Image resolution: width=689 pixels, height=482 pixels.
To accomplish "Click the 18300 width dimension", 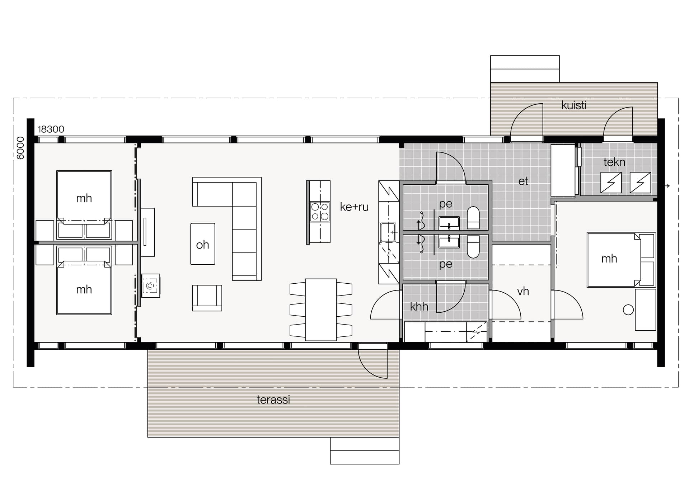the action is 51,129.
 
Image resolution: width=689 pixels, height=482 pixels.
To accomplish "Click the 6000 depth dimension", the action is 20,148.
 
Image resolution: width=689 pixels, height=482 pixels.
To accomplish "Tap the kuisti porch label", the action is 574,105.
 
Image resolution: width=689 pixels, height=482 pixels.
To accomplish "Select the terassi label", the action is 273,400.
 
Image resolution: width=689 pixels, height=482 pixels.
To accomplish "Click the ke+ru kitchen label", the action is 354,207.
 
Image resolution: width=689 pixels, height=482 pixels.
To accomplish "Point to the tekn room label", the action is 614,162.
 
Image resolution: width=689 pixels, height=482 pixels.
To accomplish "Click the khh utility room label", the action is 419,306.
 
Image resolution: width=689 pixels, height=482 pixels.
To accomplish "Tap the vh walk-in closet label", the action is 523,291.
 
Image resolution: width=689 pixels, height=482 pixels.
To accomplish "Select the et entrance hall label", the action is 523,181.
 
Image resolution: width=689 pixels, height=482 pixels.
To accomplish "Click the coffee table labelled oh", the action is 203,244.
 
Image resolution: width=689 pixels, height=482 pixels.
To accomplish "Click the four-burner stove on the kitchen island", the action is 320,211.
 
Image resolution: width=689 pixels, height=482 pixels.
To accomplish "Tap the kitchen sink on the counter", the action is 388,232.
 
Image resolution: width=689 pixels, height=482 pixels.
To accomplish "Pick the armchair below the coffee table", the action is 207,298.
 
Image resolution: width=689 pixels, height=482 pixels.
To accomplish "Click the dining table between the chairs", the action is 321,309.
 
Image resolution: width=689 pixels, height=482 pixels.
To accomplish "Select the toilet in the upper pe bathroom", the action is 473,218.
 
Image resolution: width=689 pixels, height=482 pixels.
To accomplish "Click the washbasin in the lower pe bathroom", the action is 449,242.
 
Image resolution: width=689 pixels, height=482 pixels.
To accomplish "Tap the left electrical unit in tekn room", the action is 611,183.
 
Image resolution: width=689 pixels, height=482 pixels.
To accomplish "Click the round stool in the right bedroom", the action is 628,310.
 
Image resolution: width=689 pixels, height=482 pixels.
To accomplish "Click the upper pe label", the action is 445,204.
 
